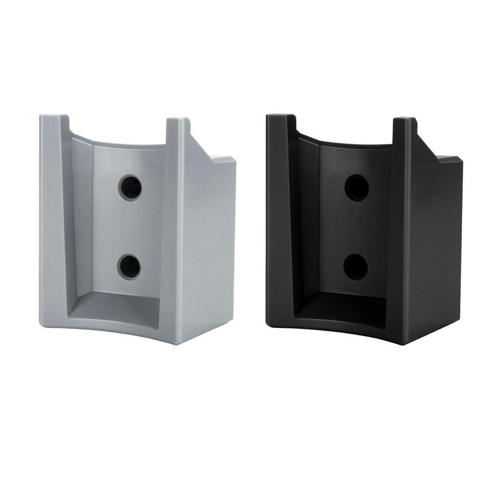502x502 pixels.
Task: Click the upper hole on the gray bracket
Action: pyautogui.click(x=130, y=187)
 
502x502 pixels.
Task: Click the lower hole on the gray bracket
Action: pyautogui.click(x=129, y=267)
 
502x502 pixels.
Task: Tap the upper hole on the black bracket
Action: pyautogui.click(x=356, y=187)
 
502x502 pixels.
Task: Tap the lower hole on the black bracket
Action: pyautogui.click(x=355, y=267)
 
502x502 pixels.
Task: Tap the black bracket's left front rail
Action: pyautogui.click(x=279, y=221)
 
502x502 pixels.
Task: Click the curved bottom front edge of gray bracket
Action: pyautogui.click(x=118, y=328)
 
